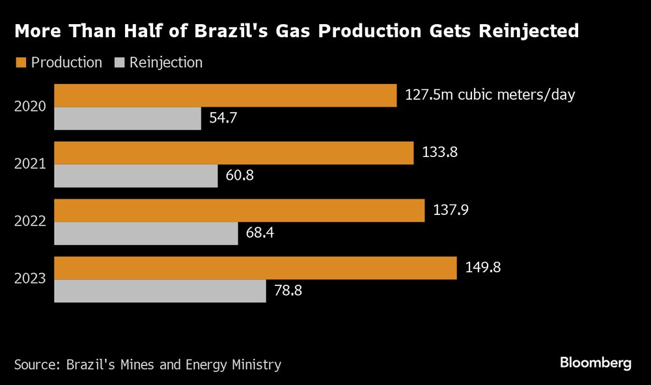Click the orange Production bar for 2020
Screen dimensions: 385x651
(x=225, y=95)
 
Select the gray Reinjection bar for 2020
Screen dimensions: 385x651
(x=128, y=119)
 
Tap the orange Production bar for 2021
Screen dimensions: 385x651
(x=234, y=153)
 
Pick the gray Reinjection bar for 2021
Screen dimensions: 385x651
(x=135, y=176)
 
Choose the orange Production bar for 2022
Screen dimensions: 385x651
(x=239, y=210)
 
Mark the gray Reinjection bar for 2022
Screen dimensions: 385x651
(x=146, y=233)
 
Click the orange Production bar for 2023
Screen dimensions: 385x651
(x=255, y=268)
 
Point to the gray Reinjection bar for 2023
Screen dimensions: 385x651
(x=159, y=291)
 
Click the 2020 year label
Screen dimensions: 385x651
(x=30, y=107)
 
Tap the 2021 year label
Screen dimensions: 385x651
(x=30, y=164)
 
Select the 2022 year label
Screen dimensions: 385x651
(x=30, y=221)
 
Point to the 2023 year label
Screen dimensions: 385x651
(x=30, y=279)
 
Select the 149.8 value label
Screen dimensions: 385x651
(x=482, y=267)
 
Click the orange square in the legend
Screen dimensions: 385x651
(x=20, y=63)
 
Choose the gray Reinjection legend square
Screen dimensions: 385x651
(x=119, y=63)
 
